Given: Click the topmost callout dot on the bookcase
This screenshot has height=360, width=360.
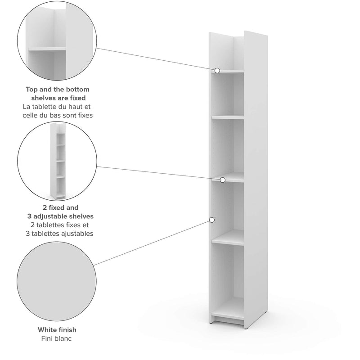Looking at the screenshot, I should tap(217, 70).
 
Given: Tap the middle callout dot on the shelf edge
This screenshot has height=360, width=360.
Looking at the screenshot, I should tap(222, 180).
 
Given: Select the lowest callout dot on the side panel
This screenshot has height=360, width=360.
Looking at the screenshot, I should tap(211, 220).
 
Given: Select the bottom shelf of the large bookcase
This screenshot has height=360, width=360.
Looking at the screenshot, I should tap(228, 311).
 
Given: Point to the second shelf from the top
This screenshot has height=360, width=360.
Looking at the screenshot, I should tap(228, 117).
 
